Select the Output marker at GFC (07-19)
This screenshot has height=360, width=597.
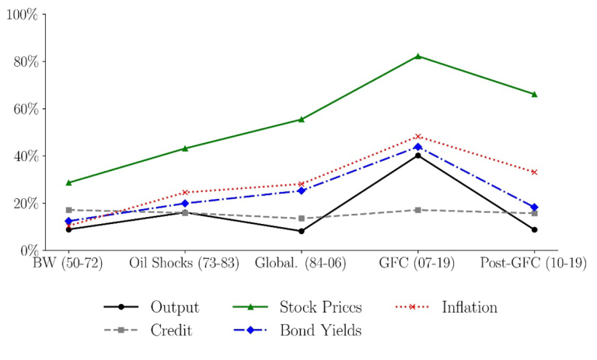coord(417,156)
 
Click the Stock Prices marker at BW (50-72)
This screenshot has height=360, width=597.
coord(69,183)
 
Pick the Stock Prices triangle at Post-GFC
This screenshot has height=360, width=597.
coord(534,94)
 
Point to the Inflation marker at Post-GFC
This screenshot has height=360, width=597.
coord(534,172)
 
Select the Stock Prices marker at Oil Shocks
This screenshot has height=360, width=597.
coord(185,148)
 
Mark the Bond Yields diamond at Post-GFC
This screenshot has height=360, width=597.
coord(534,208)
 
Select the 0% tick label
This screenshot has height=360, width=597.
coord(28,250)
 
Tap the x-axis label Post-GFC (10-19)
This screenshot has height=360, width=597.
coord(534,264)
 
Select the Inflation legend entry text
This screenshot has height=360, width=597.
coord(470,307)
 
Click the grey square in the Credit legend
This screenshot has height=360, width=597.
coord(120,330)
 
